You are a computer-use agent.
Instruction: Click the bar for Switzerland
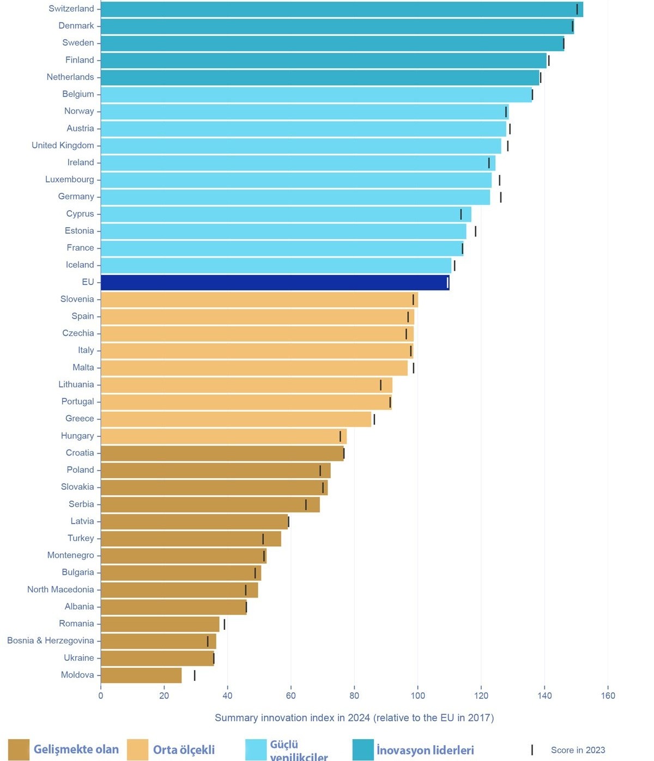[342, 9]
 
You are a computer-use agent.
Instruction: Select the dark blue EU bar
[275, 282]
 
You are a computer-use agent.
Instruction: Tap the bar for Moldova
[141, 675]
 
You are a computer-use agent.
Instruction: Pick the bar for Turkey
[191, 539]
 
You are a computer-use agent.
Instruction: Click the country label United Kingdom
[63, 145]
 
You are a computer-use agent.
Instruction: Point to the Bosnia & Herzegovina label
[50, 641]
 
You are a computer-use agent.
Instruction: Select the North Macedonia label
[60, 589]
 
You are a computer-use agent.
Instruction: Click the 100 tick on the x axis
[417, 696]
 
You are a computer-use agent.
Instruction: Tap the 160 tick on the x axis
[608, 696]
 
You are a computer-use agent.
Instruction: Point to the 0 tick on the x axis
[101, 696]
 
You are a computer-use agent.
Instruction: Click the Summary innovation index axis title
[354, 718]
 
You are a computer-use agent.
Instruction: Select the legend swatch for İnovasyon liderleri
[363, 750]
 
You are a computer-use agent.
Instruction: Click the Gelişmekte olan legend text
[76, 750]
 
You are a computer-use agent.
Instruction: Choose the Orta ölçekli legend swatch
[137, 750]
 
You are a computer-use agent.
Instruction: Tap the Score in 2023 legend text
[578, 750]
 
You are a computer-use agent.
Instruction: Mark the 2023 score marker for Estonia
[475, 232]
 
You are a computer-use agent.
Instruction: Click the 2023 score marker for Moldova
[195, 675]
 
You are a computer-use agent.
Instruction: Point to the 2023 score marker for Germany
[500, 197]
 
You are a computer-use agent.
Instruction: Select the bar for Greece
[236, 419]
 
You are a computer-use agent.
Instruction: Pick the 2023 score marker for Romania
[224, 624]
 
